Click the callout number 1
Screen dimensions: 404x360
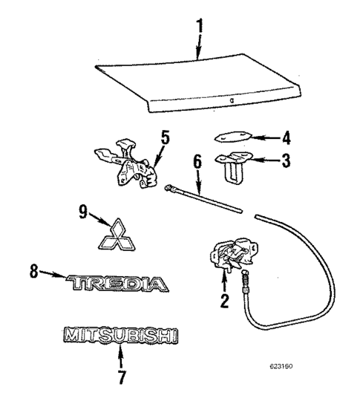[197, 25]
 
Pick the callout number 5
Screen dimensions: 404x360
[166, 137]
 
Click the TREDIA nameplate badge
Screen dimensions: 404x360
[117, 282]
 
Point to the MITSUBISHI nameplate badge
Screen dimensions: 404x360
[120, 336]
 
